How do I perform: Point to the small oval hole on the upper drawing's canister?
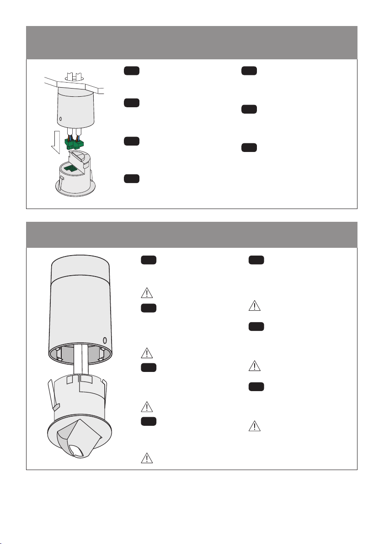pos(60,120)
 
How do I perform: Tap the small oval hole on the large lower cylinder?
pos(105,340)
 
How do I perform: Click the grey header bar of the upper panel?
pos(192,42)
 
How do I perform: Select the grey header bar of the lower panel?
pos(192,235)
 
